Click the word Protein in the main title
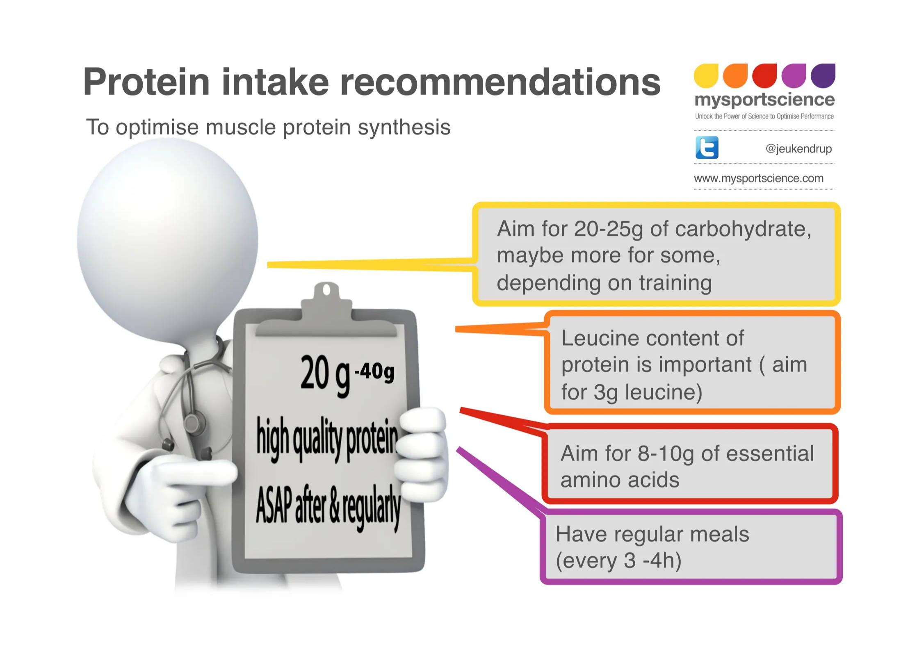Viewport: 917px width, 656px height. pyautogui.click(x=146, y=82)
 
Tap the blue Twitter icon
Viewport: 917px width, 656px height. pyautogui.click(x=707, y=148)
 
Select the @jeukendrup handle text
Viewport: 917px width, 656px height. pyautogui.click(x=798, y=148)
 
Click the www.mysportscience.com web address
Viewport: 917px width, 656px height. pyautogui.click(x=759, y=178)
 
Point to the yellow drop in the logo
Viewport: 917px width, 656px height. pyautogui.click(x=706, y=75)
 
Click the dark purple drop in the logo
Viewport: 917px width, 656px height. pyautogui.click(x=823, y=75)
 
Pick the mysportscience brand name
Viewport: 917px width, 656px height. pyautogui.click(x=764, y=100)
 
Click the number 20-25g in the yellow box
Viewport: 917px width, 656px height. pyautogui.click(x=609, y=229)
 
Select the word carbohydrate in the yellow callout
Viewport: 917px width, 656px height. pyautogui.click(x=743, y=229)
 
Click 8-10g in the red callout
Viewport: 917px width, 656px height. pyautogui.click(x=666, y=453)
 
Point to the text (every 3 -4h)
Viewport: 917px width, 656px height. pyautogui.click(x=618, y=560)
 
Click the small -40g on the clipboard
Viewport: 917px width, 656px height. pyautogui.click(x=374, y=372)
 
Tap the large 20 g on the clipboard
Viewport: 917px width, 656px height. pyautogui.click(x=325, y=375)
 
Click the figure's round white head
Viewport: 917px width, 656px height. pyautogui.click(x=167, y=240)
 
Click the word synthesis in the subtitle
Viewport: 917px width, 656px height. pyautogui.click(x=404, y=128)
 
